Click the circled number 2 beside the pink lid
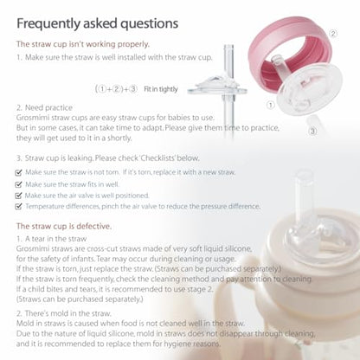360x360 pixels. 333,32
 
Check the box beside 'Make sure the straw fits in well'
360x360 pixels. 19,184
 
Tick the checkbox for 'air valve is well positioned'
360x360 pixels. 19,196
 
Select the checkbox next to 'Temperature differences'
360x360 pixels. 19,207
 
